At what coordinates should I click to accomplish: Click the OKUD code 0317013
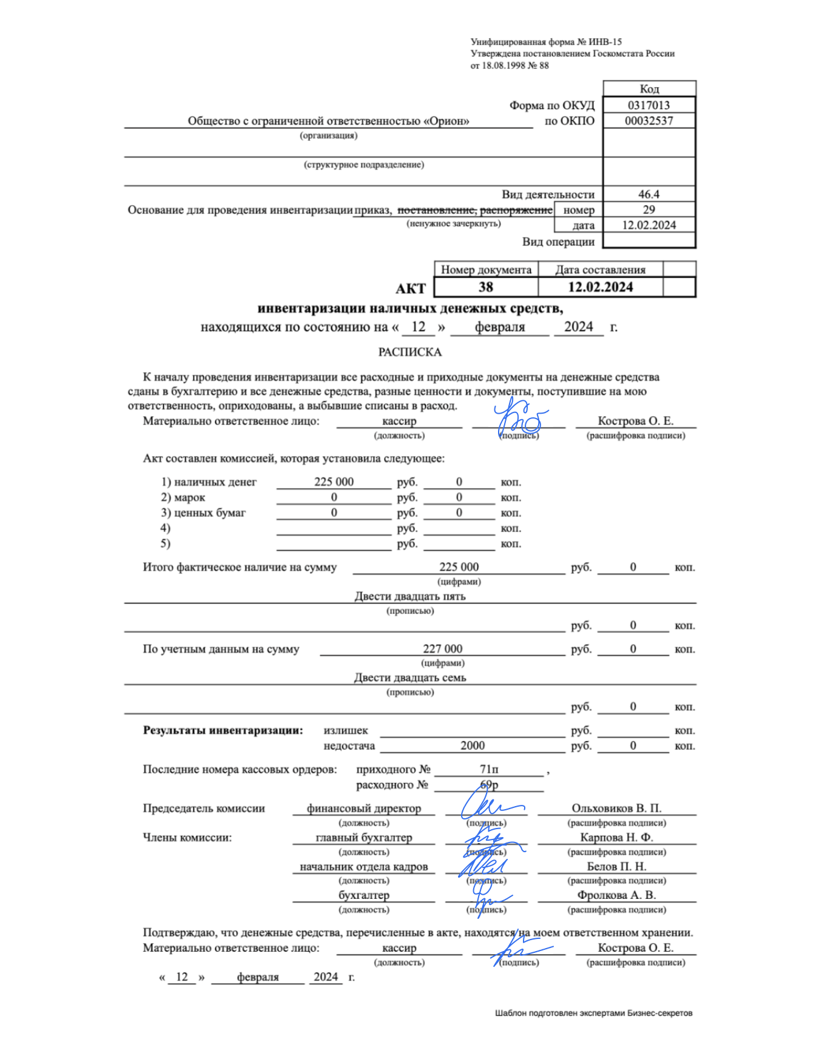click(x=648, y=105)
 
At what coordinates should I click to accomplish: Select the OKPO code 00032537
click(x=648, y=121)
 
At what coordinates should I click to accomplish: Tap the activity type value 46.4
click(x=648, y=195)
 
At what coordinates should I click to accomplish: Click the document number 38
click(x=486, y=288)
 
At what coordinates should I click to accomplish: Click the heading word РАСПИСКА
click(x=410, y=352)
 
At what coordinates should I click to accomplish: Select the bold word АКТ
click(x=411, y=289)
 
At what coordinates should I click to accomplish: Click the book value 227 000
click(x=442, y=649)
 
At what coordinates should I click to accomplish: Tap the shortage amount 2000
click(x=473, y=746)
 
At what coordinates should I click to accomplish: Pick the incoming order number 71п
click(x=489, y=770)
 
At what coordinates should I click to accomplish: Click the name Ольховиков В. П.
click(x=616, y=809)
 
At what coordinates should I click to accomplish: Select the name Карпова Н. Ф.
click(x=616, y=838)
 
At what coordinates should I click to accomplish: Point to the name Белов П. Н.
click(x=616, y=867)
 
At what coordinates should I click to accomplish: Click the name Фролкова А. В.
click(x=616, y=895)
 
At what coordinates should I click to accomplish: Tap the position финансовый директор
click(x=363, y=809)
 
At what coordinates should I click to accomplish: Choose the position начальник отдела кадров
click(x=363, y=867)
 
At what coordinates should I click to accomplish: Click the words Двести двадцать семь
click(x=410, y=678)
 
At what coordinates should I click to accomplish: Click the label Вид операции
click(x=558, y=242)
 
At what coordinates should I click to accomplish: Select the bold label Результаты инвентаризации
click(x=223, y=731)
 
